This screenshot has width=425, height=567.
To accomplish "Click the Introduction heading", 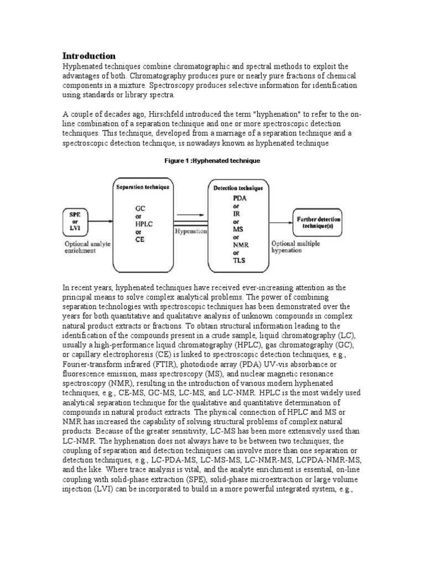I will (89, 56).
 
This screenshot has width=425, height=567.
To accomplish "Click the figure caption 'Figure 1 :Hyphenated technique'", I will (212, 161).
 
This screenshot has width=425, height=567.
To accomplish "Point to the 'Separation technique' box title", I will (143, 188).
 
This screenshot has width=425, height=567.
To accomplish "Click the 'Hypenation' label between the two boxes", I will (190, 231).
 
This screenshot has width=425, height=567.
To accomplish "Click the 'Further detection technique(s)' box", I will (319, 223).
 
